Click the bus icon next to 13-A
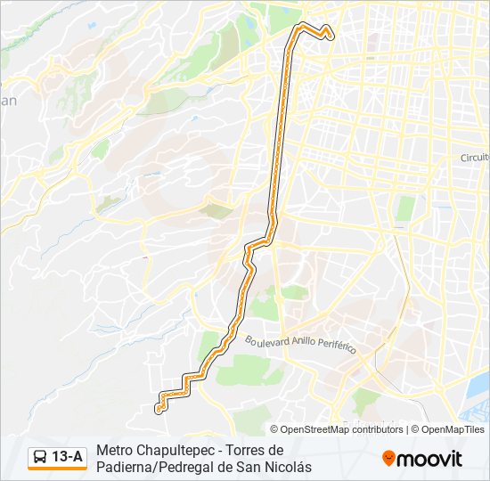point(40,458)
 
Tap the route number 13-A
point(68,458)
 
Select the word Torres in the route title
point(249,451)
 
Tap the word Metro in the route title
point(115,451)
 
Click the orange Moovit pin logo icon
point(388,458)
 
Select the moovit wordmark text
point(429,459)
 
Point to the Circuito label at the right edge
point(475,158)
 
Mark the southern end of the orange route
point(159,410)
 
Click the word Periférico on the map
point(339,346)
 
